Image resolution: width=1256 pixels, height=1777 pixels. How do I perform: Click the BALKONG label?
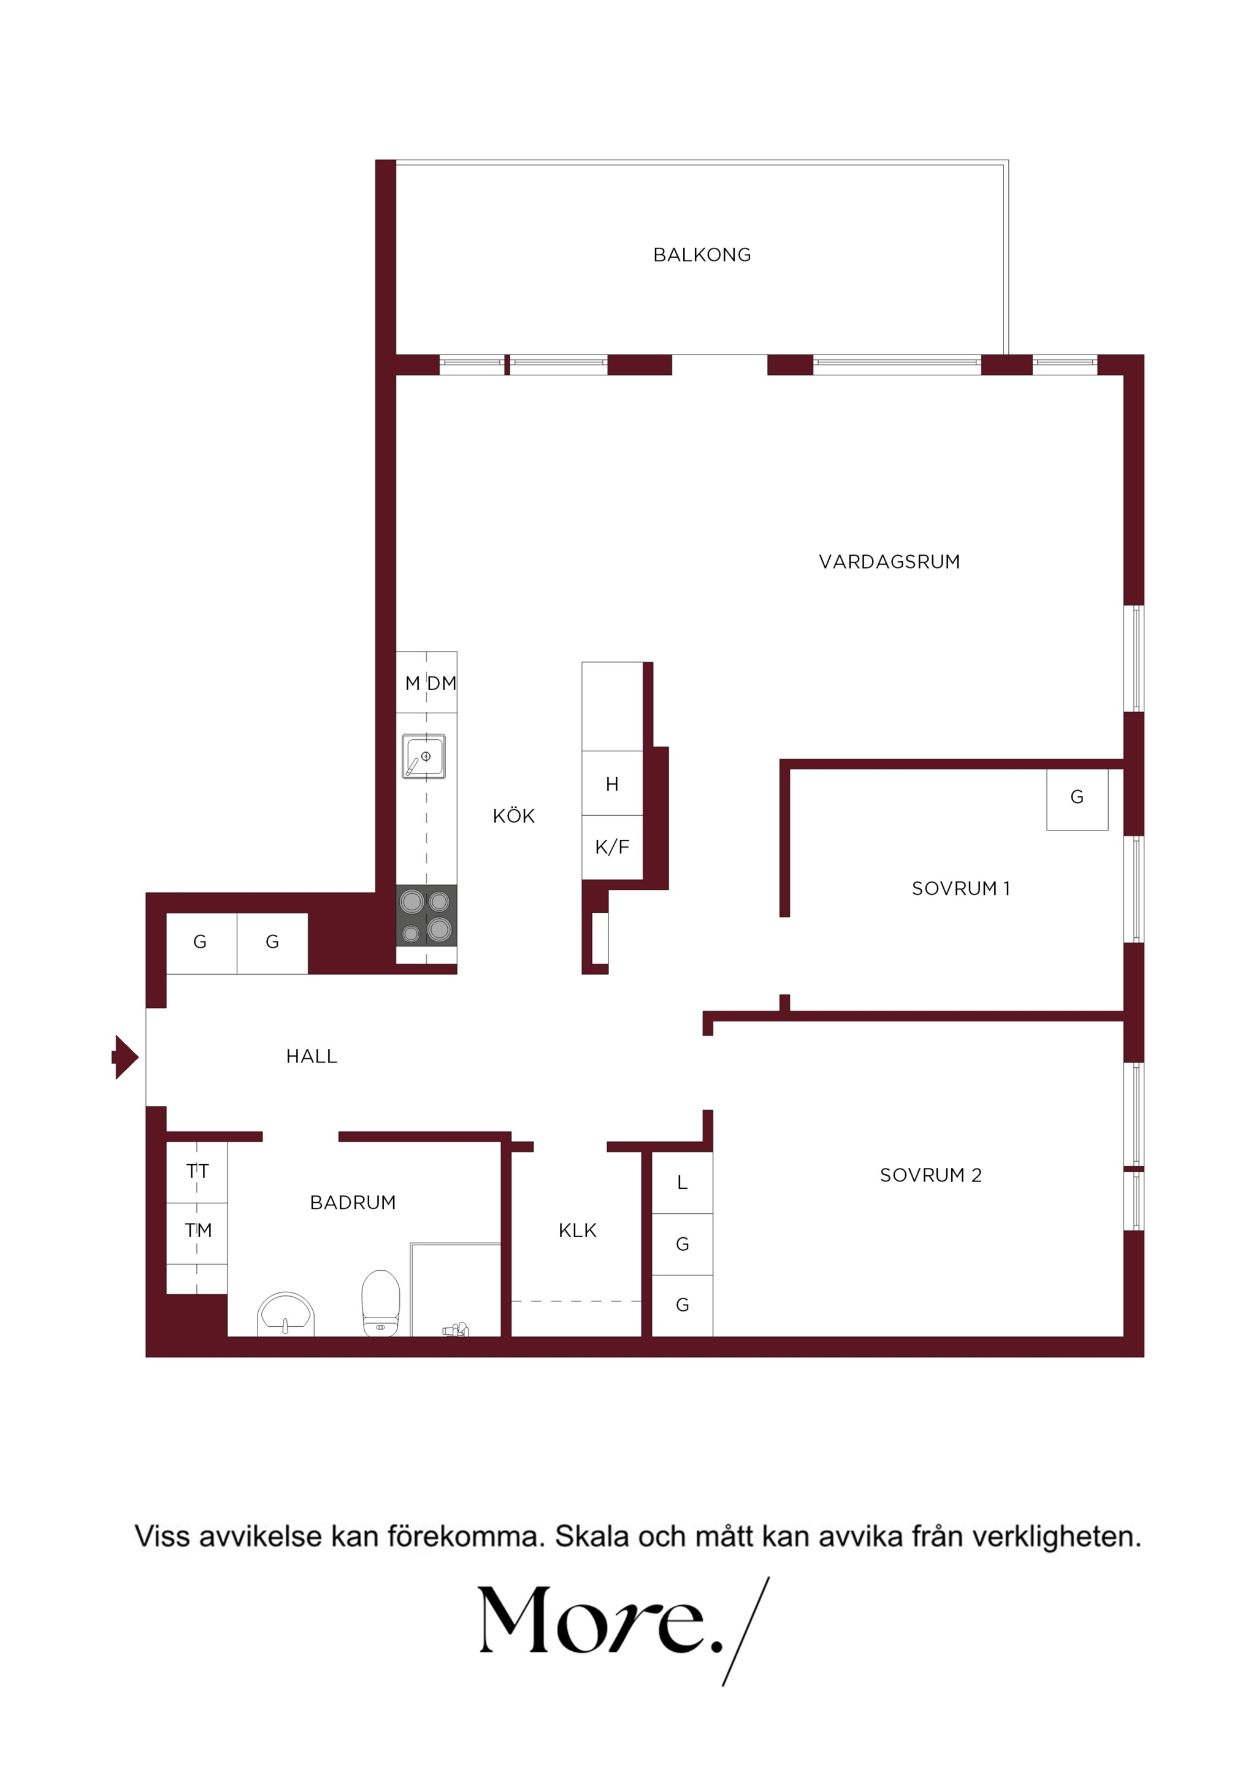[x=702, y=255]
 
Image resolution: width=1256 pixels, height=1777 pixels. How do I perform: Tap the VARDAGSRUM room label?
[x=889, y=562]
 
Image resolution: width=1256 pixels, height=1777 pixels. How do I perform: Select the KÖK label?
[x=514, y=815]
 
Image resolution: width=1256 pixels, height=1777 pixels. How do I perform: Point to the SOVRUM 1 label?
[x=961, y=888]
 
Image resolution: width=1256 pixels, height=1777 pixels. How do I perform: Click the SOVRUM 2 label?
[x=931, y=1175]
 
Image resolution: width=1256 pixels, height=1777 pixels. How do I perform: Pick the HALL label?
[x=312, y=1056]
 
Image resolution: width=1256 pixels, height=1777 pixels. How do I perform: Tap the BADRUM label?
[x=353, y=1202]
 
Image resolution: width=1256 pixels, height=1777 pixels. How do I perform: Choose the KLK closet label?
[x=577, y=1230]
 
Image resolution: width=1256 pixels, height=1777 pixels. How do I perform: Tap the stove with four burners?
[x=426, y=916]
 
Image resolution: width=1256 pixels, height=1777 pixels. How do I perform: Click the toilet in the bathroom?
[x=381, y=1303]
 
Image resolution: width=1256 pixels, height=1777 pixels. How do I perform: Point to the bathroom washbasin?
[x=286, y=1314]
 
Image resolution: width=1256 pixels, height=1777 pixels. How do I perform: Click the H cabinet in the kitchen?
[x=612, y=783]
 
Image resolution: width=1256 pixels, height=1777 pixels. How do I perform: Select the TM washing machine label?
[x=199, y=1230]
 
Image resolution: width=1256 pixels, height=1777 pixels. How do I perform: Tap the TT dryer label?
[x=197, y=1172]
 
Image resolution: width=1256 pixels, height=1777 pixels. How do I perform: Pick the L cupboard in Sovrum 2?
[x=682, y=1183]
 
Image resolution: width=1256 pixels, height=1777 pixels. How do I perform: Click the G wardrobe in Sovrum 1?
[x=1078, y=799]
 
